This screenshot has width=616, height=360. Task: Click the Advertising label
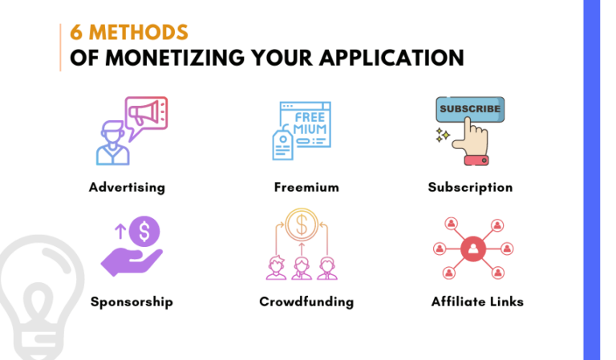pos(127,188)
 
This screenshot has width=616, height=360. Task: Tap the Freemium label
pos(306,188)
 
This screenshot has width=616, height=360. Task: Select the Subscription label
pos(470,188)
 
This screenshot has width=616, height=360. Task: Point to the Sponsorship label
pos(132,302)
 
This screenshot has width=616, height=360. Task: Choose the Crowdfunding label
pos(306,302)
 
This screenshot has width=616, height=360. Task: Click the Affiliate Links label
pos(477,302)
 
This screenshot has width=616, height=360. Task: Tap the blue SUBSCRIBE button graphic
pos(469,109)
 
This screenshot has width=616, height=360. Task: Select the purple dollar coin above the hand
pos(144,233)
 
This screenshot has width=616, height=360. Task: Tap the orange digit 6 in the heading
pos(76,34)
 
